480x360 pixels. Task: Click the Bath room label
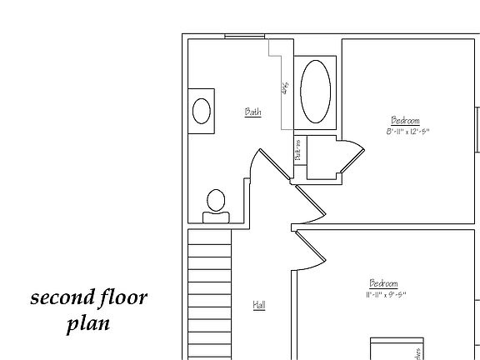[252, 112]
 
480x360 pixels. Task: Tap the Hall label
[259, 306]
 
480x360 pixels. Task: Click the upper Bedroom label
[405, 120]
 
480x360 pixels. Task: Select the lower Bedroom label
[384, 283]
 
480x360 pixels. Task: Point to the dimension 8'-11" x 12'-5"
[407, 132]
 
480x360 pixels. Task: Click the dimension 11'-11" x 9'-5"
[385, 294]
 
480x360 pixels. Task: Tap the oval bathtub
[314, 92]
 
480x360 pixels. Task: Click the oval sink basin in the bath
[202, 111]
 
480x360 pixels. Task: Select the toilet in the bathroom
[216, 203]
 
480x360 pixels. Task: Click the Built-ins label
[297, 151]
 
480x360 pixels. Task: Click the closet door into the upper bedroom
[349, 160]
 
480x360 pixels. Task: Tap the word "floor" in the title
[122, 298]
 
